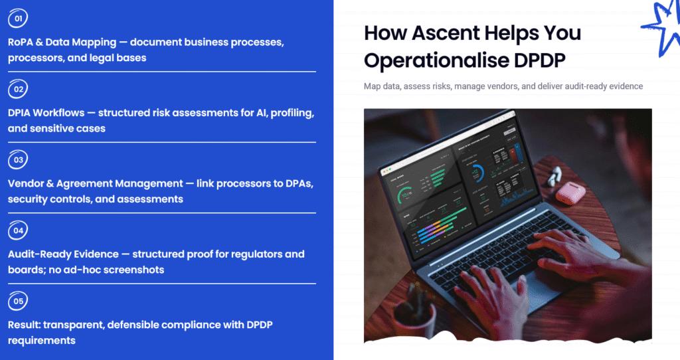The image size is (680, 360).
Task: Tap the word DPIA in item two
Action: coord(21,113)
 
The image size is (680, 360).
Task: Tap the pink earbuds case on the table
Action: coord(570,192)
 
